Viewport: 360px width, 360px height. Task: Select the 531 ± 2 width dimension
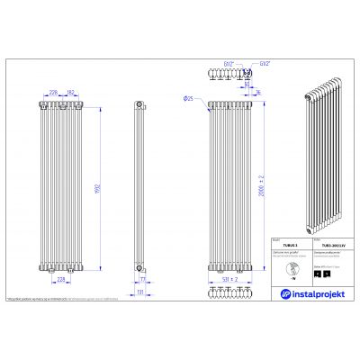[231, 278]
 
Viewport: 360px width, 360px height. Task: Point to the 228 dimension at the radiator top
[53, 92]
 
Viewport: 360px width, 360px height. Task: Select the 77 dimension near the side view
[144, 280]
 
